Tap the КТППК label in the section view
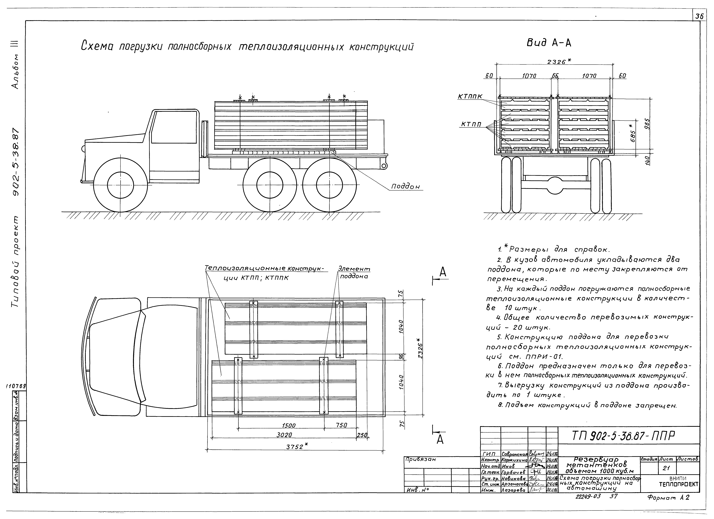tap(470, 97)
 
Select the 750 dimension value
tap(341, 425)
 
